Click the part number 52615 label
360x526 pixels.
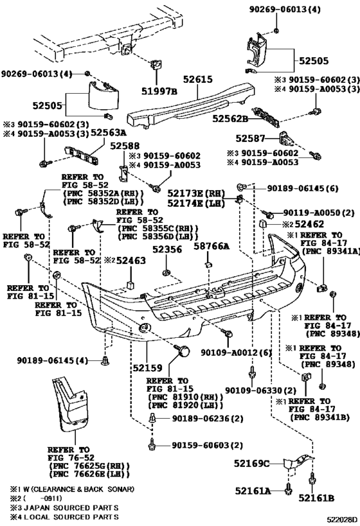point(198,79)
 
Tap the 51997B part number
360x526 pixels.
point(159,91)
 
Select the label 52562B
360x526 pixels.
point(230,119)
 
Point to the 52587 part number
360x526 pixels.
point(251,138)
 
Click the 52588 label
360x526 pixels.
point(125,146)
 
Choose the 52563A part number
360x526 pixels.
point(109,133)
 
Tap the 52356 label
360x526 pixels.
point(167,250)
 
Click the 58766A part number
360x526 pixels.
point(212,247)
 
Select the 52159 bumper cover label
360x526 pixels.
point(147,368)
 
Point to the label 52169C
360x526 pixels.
point(252,464)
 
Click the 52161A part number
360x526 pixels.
point(253,491)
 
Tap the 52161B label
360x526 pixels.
point(316,498)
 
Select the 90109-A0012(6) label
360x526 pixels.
point(236,353)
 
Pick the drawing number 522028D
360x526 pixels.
point(343,520)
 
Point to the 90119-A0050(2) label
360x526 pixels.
point(319,213)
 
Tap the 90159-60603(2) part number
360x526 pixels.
point(207,445)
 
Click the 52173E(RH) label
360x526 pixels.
point(196,193)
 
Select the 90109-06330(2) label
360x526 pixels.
point(260,390)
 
